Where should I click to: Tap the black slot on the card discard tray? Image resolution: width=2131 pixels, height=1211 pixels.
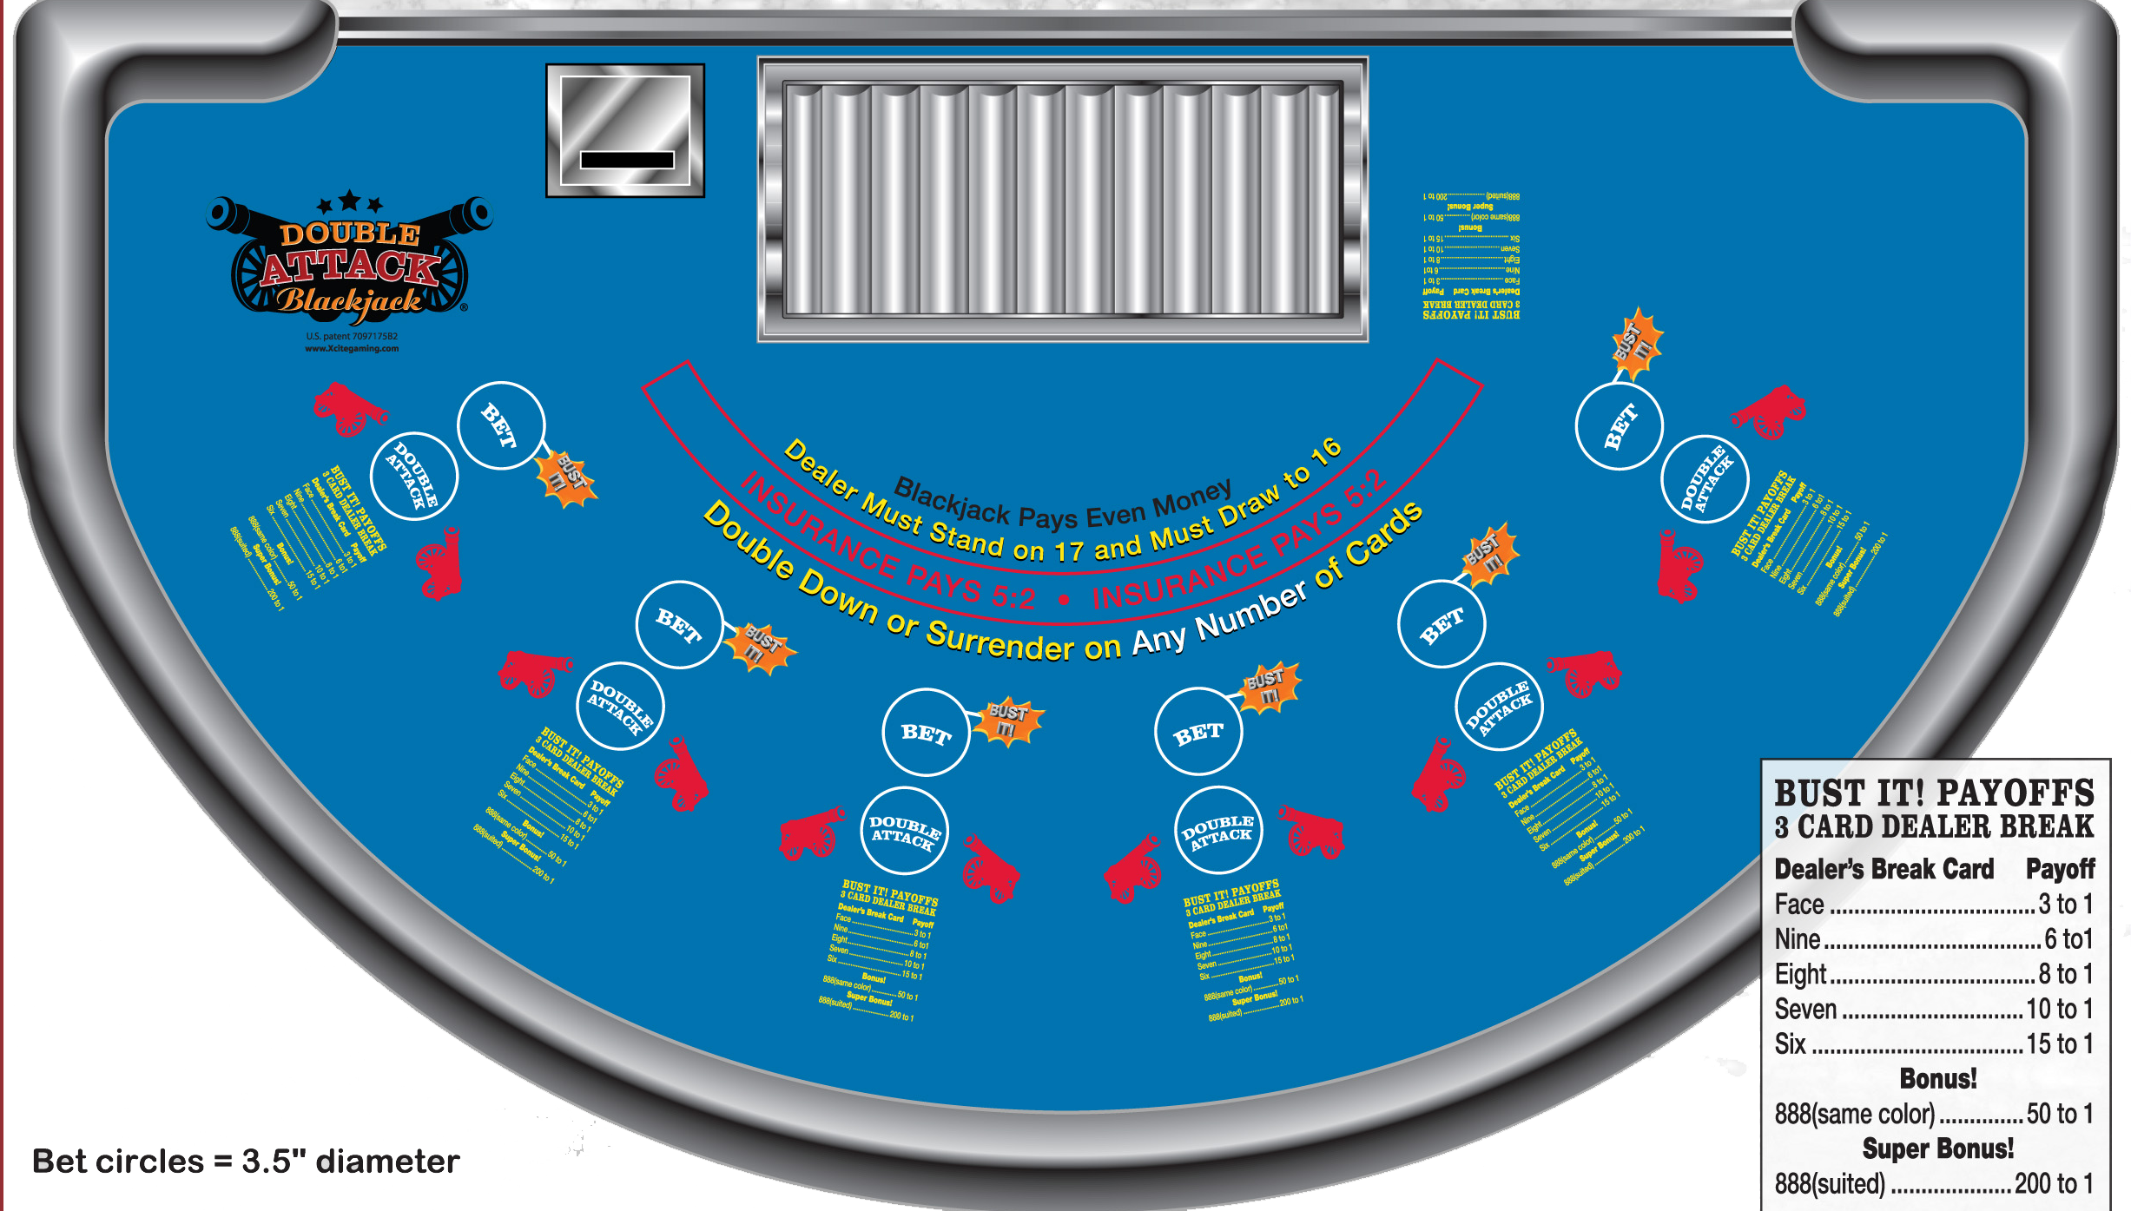627,160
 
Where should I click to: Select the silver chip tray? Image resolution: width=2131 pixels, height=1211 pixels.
1063,199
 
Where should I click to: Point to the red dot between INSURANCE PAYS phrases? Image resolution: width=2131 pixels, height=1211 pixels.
1063,600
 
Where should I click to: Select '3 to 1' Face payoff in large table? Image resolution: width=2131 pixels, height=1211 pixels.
2065,905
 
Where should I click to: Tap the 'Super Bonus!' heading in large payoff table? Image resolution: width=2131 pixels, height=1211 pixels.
1937,1148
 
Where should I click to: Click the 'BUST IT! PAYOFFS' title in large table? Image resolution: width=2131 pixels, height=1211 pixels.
1934,793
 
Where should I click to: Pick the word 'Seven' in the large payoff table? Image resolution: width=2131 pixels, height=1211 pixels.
1805,1010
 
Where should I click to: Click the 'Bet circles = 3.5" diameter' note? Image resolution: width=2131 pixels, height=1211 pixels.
246,1162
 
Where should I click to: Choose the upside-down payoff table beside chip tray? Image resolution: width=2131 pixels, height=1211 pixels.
1471,256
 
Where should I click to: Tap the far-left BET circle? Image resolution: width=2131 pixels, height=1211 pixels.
501,425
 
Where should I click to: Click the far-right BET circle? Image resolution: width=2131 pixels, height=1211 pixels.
1619,426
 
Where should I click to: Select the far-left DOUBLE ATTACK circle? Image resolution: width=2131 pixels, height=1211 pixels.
414,476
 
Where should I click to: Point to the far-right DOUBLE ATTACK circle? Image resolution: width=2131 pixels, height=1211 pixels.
1704,479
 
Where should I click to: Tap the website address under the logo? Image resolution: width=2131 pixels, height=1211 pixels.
352,349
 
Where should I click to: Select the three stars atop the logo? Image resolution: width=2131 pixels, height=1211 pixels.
349,203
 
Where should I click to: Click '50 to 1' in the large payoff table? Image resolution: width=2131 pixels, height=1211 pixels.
2059,1114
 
